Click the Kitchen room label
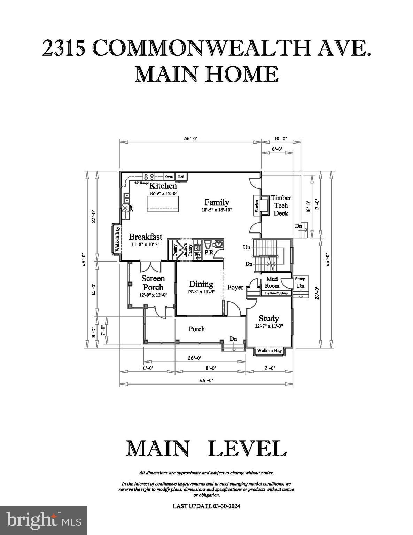163,186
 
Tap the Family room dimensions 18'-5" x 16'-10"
216,210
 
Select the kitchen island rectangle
163,204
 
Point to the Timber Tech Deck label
281,206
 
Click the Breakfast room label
146,237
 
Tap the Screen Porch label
153,283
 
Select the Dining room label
201,284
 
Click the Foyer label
235,287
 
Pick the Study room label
268,318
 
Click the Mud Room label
272,282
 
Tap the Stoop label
300,279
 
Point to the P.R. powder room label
209,253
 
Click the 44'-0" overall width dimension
206,380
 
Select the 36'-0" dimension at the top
190,138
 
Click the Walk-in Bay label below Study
269,350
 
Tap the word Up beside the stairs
247,248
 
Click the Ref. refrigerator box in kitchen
181,177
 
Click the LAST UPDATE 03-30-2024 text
206,506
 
